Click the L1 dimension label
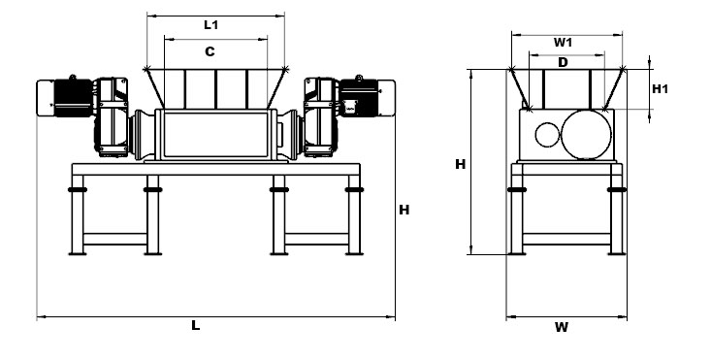pyautogui.click(x=210, y=25)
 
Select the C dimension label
pyautogui.click(x=210, y=51)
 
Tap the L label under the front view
pyautogui.click(x=195, y=325)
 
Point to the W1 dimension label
pyautogui.click(x=563, y=43)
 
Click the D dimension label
pyautogui.click(x=563, y=62)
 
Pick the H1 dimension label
pyautogui.click(x=660, y=89)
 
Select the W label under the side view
pyautogui.click(x=562, y=327)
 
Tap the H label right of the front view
pyautogui.click(x=404, y=210)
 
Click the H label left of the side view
pyautogui.click(x=460, y=164)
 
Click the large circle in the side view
pyautogui.click(x=586, y=135)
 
